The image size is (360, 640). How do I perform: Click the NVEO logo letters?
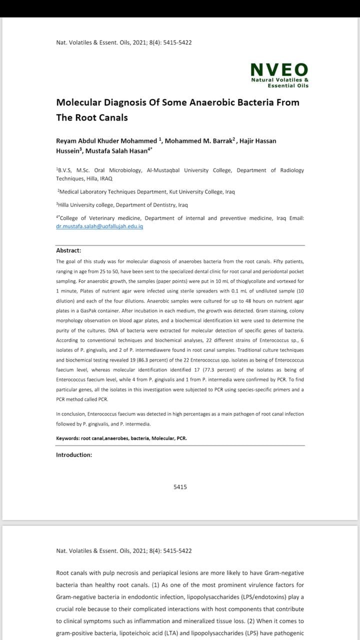[279, 69]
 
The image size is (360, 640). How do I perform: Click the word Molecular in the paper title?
[79, 102]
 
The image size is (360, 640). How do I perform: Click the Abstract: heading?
[68, 250]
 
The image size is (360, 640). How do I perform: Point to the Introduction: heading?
[74, 455]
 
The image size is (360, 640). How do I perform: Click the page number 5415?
[180, 487]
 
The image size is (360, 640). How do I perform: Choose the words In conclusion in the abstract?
[70, 414]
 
